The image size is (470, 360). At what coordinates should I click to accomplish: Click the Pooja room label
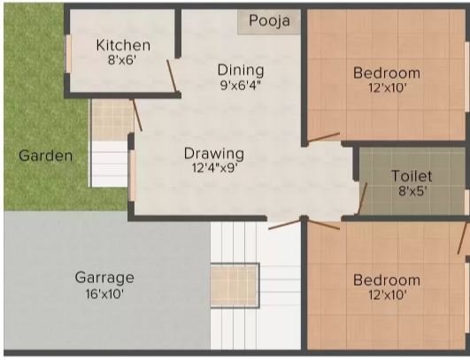pyautogui.click(x=269, y=21)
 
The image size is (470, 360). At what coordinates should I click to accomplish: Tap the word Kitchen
pyautogui.click(x=123, y=45)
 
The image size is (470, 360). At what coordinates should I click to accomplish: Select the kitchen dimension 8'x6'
pyautogui.click(x=123, y=61)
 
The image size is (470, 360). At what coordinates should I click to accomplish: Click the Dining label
pyautogui.click(x=240, y=70)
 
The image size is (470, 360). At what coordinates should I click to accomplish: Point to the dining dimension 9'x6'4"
pyautogui.click(x=240, y=86)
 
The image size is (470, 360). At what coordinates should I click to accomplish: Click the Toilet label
pyautogui.click(x=412, y=176)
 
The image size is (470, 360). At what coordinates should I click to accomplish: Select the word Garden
pyautogui.click(x=46, y=156)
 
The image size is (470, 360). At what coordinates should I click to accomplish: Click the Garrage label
pyautogui.click(x=104, y=277)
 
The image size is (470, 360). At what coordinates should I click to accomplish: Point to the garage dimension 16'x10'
pyautogui.click(x=104, y=294)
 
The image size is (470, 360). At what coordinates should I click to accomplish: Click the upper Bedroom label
pyautogui.click(x=386, y=73)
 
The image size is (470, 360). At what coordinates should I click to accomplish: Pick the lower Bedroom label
pyautogui.click(x=386, y=280)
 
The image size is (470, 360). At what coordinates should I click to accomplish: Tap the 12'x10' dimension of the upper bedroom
pyautogui.click(x=386, y=88)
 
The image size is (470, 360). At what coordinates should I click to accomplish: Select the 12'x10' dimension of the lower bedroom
pyautogui.click(x=386, y=296)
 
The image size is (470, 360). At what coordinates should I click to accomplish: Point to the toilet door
pyautogui.click(x=362, y=197)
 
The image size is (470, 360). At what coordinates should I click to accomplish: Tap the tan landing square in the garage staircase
pyautogui.click(x=234, y=285)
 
